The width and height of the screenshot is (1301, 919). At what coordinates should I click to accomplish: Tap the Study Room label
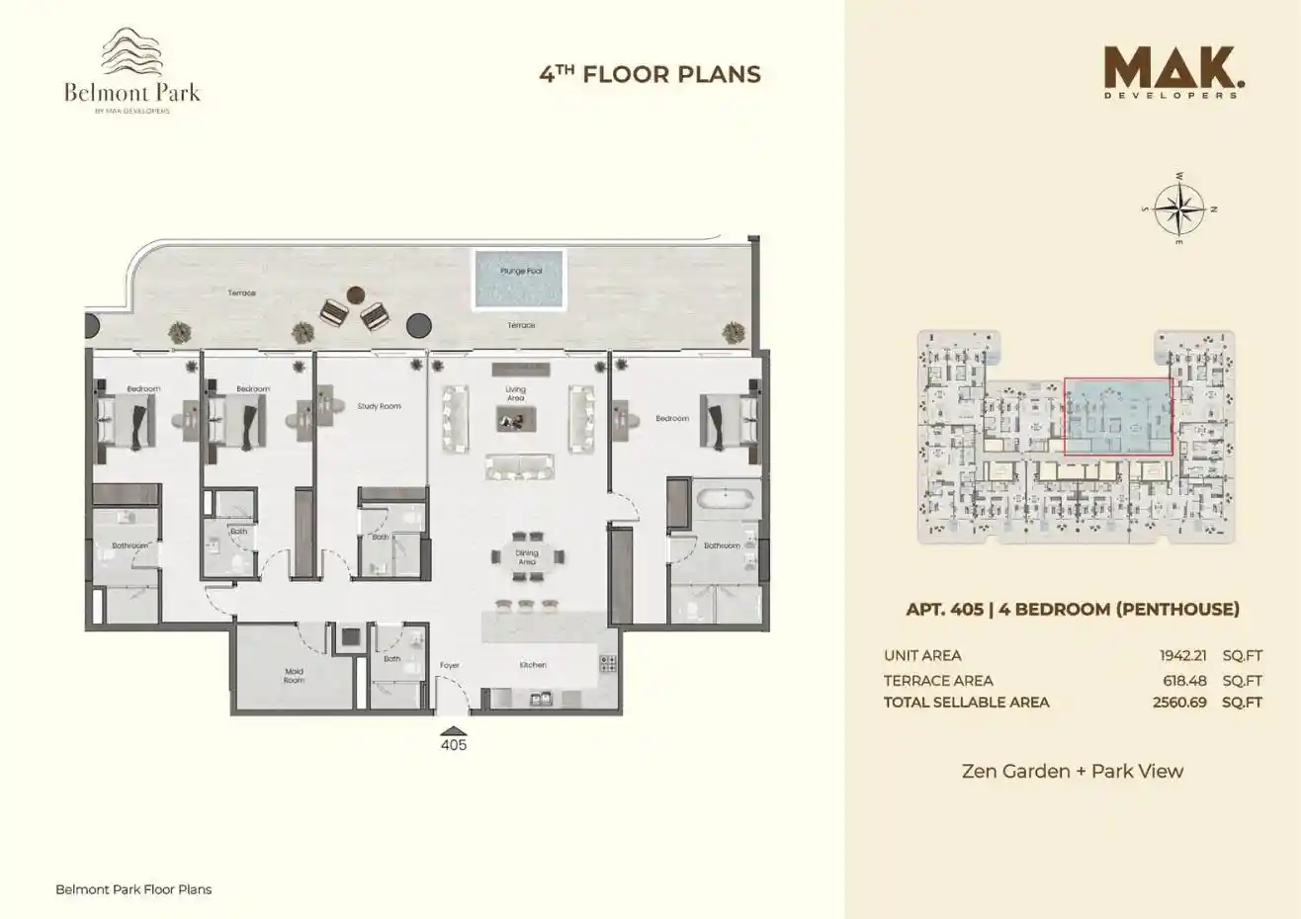point(380,406)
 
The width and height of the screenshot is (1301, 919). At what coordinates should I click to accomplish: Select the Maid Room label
point(294,676)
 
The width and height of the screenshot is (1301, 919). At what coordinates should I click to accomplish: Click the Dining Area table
point(527,557)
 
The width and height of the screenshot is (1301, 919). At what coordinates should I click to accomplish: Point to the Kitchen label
point(533,665)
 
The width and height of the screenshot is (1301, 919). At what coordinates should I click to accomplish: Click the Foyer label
point(450,665)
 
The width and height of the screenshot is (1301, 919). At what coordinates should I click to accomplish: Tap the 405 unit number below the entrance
point(453,745)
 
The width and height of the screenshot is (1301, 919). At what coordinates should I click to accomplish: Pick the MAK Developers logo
point(1171,73)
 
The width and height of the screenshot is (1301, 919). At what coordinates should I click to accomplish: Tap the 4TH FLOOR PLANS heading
point(650,74)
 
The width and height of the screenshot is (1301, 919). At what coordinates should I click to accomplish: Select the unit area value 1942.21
point(1183,655)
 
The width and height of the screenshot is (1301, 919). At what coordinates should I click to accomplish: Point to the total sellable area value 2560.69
point(1179,703)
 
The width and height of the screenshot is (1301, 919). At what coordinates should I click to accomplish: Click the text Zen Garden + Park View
point(1072,771)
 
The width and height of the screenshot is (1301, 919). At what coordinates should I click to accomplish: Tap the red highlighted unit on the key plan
point(1117,416)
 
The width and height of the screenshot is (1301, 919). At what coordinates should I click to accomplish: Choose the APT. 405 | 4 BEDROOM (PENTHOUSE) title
point(1072,609)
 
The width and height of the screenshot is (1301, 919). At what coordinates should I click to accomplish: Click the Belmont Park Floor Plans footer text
point(133,889)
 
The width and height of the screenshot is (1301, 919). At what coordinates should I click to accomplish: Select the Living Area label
point(516,393)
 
